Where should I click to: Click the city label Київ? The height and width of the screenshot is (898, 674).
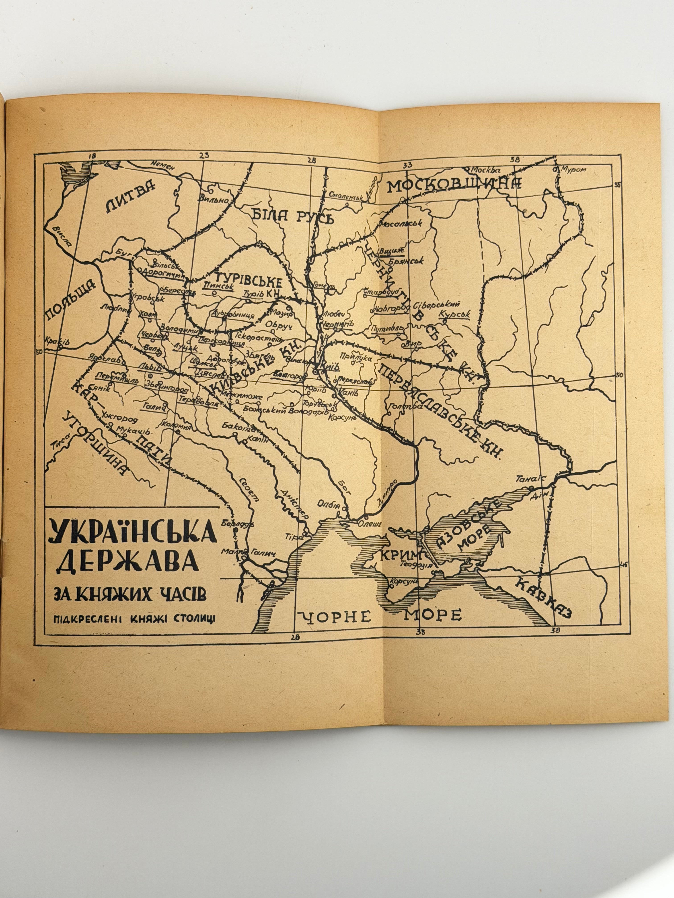point(329,366)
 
